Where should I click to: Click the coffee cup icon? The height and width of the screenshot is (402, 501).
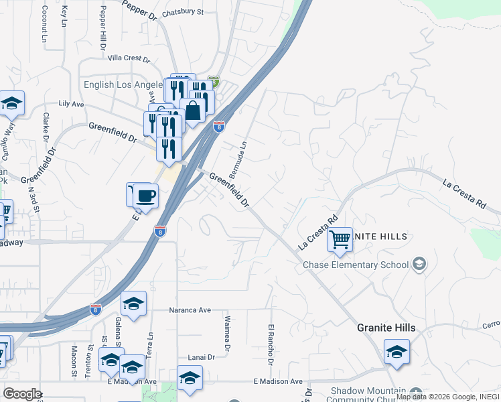146,196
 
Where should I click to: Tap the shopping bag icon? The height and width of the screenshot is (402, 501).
193,111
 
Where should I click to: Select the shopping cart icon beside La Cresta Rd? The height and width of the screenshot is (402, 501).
340,239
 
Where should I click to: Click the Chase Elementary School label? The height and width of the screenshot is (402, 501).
355,265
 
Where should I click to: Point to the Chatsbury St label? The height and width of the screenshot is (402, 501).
182,12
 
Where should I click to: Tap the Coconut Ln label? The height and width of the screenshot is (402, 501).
44,25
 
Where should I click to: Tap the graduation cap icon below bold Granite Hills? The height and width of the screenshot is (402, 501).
397,352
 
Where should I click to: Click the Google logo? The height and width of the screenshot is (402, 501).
21,394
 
